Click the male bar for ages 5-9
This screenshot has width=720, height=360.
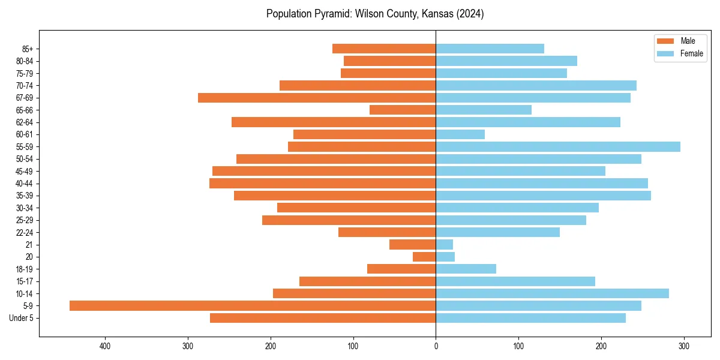point(252,306)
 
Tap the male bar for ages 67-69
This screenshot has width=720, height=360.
point(317,98)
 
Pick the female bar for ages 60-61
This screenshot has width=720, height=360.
point(460,134)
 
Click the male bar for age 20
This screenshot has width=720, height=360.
point(424,257)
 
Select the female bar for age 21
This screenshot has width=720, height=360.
point(444,245)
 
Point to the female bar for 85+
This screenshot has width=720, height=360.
point(490,49)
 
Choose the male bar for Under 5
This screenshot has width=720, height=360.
point(323,318)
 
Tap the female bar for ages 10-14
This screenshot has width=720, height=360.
point(552,293)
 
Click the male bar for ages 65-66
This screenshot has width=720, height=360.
point(403,110)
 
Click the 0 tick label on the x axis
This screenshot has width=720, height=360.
point(436,346)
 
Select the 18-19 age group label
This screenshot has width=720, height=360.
point(25,269)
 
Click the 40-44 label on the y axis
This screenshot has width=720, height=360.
point(25,184)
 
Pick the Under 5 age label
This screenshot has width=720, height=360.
point(21,318)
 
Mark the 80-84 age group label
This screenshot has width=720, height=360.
point(25,61)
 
